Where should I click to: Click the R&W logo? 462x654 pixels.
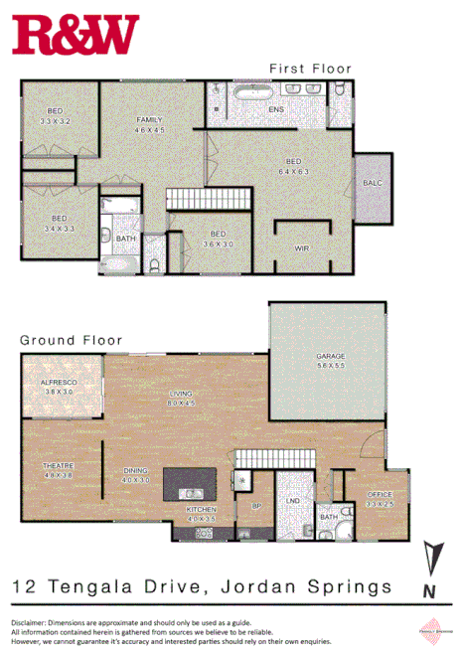[76, 34]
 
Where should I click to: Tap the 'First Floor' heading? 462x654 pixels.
[310, 69]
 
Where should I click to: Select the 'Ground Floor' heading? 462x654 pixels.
[72, 340]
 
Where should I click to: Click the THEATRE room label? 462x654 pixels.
[59, 470]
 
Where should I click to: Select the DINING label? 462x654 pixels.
[136, 476]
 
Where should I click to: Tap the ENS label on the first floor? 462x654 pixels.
[276, 109]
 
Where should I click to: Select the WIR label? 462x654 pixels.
[302, 248]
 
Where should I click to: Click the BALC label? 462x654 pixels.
[373, 184]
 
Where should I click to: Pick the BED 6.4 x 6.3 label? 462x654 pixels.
[293, 166]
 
